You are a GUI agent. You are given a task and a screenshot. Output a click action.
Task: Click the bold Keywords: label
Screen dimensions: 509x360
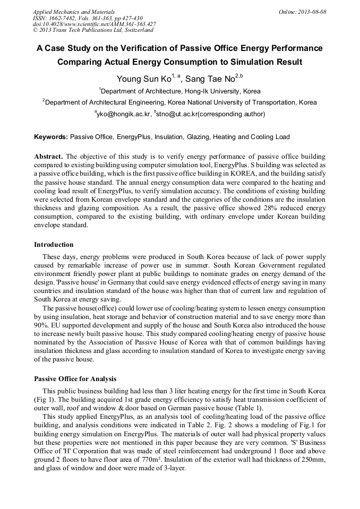(x=51, y=137)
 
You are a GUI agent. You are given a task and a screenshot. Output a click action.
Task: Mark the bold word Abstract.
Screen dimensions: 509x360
(x=48, y=157)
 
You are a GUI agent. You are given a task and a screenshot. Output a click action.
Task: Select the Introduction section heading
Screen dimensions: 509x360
(x=54, y=245)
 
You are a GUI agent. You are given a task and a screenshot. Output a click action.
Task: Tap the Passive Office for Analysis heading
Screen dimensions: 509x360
(x=75, y=379)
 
